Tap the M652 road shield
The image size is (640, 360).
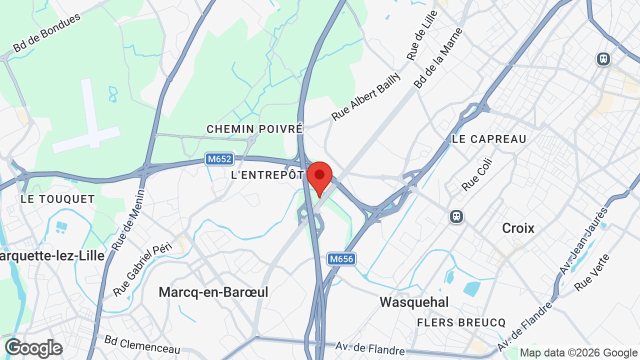pyautogui.click(x=219, y=159)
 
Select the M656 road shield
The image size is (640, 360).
pyautogui.click(x=341, y=259)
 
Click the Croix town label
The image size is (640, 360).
pyautogui.click(x=518, y=228)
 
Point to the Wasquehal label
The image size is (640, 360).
pyautogui.click(x=414, y=302)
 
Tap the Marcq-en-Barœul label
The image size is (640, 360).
pyautogui.click(x=213, y=292)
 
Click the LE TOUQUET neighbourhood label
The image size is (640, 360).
pyautogui.click(x=57, y=199)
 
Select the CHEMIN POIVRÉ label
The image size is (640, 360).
pyautogui.click(x=255, y=129)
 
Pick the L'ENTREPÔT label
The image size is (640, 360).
pyautogui.click(x=267, y=175)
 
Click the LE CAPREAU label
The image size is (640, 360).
pyautogui.click(x=489, y=139)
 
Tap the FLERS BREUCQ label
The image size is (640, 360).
pyautogui.click(x=461, y=322)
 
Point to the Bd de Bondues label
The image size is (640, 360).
pyautogui.click(x=46, y=33)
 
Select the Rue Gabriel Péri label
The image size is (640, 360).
pyautogui.click(x=142, y=269)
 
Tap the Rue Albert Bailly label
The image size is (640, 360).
pyautogui.click(x=366, y=96)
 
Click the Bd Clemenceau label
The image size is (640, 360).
pyautogui.click(x=142, y=344)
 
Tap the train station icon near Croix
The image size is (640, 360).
pyautogui.click(x=456, y=216)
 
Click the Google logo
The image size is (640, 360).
pyautogui.click(x=33, y=348)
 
